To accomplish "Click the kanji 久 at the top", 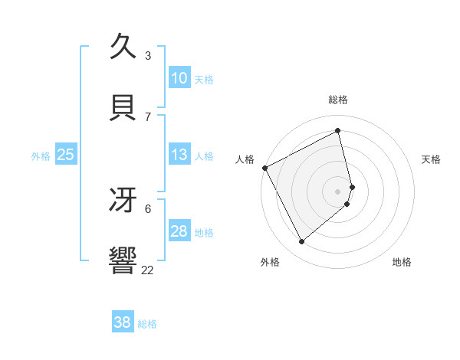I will coord(123,47).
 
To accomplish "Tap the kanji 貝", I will coord(123,108).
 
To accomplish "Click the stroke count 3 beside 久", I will coord(148,56).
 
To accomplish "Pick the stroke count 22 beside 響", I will coord(147,270).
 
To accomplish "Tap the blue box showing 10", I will coord(179,78).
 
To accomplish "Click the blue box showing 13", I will coord(179,155).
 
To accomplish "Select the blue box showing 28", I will coord(179,232).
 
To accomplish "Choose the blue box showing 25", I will coord(66,155).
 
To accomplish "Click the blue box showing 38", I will coord(123,322).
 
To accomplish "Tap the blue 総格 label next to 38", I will coord(147,324).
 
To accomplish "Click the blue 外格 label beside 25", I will coord(41,156).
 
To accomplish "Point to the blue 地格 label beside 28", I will coord(204,233).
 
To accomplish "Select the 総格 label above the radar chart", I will coord(338,100).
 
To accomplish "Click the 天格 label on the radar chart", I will coord(431,159).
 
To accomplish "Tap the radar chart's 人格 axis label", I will coord(245,159).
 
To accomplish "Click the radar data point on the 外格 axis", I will coord(301,242).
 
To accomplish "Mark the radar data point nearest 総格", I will coord(338,130).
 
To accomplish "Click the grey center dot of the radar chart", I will coord(338,191).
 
